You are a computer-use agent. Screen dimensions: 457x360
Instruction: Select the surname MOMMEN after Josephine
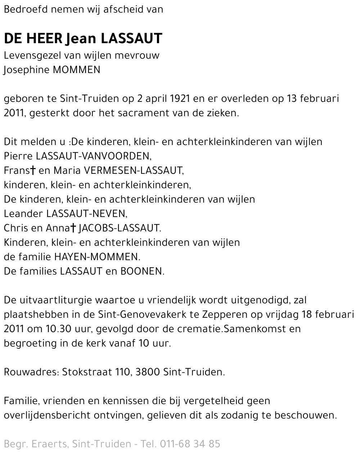[x=76, y=70]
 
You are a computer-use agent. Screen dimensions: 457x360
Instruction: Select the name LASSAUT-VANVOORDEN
[x=93, y=156]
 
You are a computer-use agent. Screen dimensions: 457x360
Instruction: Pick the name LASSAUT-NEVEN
[x=86, y=214]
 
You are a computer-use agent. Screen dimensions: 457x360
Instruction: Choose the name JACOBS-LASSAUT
[x=119, y=228]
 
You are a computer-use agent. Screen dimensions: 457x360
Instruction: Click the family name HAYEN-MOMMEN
[x=96, y=257]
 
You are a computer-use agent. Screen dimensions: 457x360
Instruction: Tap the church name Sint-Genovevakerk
[x=142, y=315]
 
